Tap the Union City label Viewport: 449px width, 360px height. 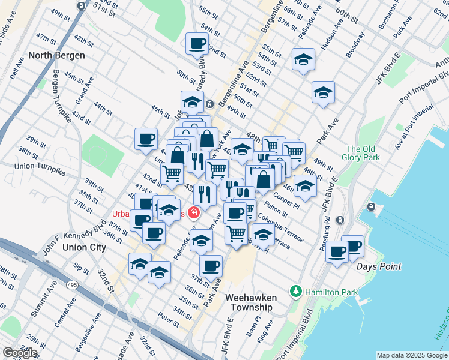pos(84,247)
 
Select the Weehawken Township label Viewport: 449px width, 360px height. pos(249,302)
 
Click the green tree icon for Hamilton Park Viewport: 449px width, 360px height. pos(295,292)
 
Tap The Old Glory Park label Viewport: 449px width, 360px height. pos(363,154)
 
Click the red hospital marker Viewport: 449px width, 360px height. pos(193,212)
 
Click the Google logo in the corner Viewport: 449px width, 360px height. pos(20,353)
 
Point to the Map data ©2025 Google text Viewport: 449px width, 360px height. pos(412,355)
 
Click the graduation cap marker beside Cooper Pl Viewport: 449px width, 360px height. pos(305,187)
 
